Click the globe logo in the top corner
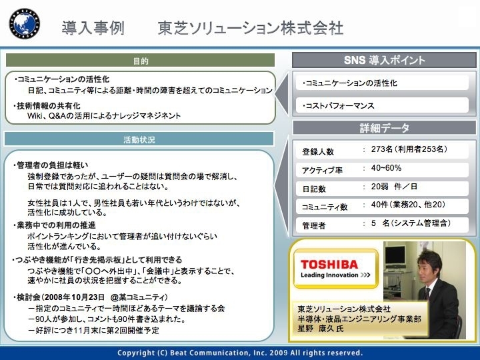tap(25, 23)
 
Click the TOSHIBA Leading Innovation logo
tap(336, 269)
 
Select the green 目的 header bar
tap(140, 60)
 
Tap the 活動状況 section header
tap(139, 139)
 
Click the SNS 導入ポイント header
tap(384, 60)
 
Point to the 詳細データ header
tap(384, 127)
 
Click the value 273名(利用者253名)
tap(409, 149)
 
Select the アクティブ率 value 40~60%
tap(386, 168)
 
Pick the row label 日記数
tap(314, 189)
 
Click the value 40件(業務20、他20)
tap(408, 205)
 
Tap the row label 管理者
tap(314, 225)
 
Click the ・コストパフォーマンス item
tap(338, 105)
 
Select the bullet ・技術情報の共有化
tap(47, 105)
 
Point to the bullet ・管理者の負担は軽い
tap(51, 165)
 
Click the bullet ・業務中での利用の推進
tap(55, 225)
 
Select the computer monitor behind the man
tap(395, 255)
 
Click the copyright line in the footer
tap(240, 353)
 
